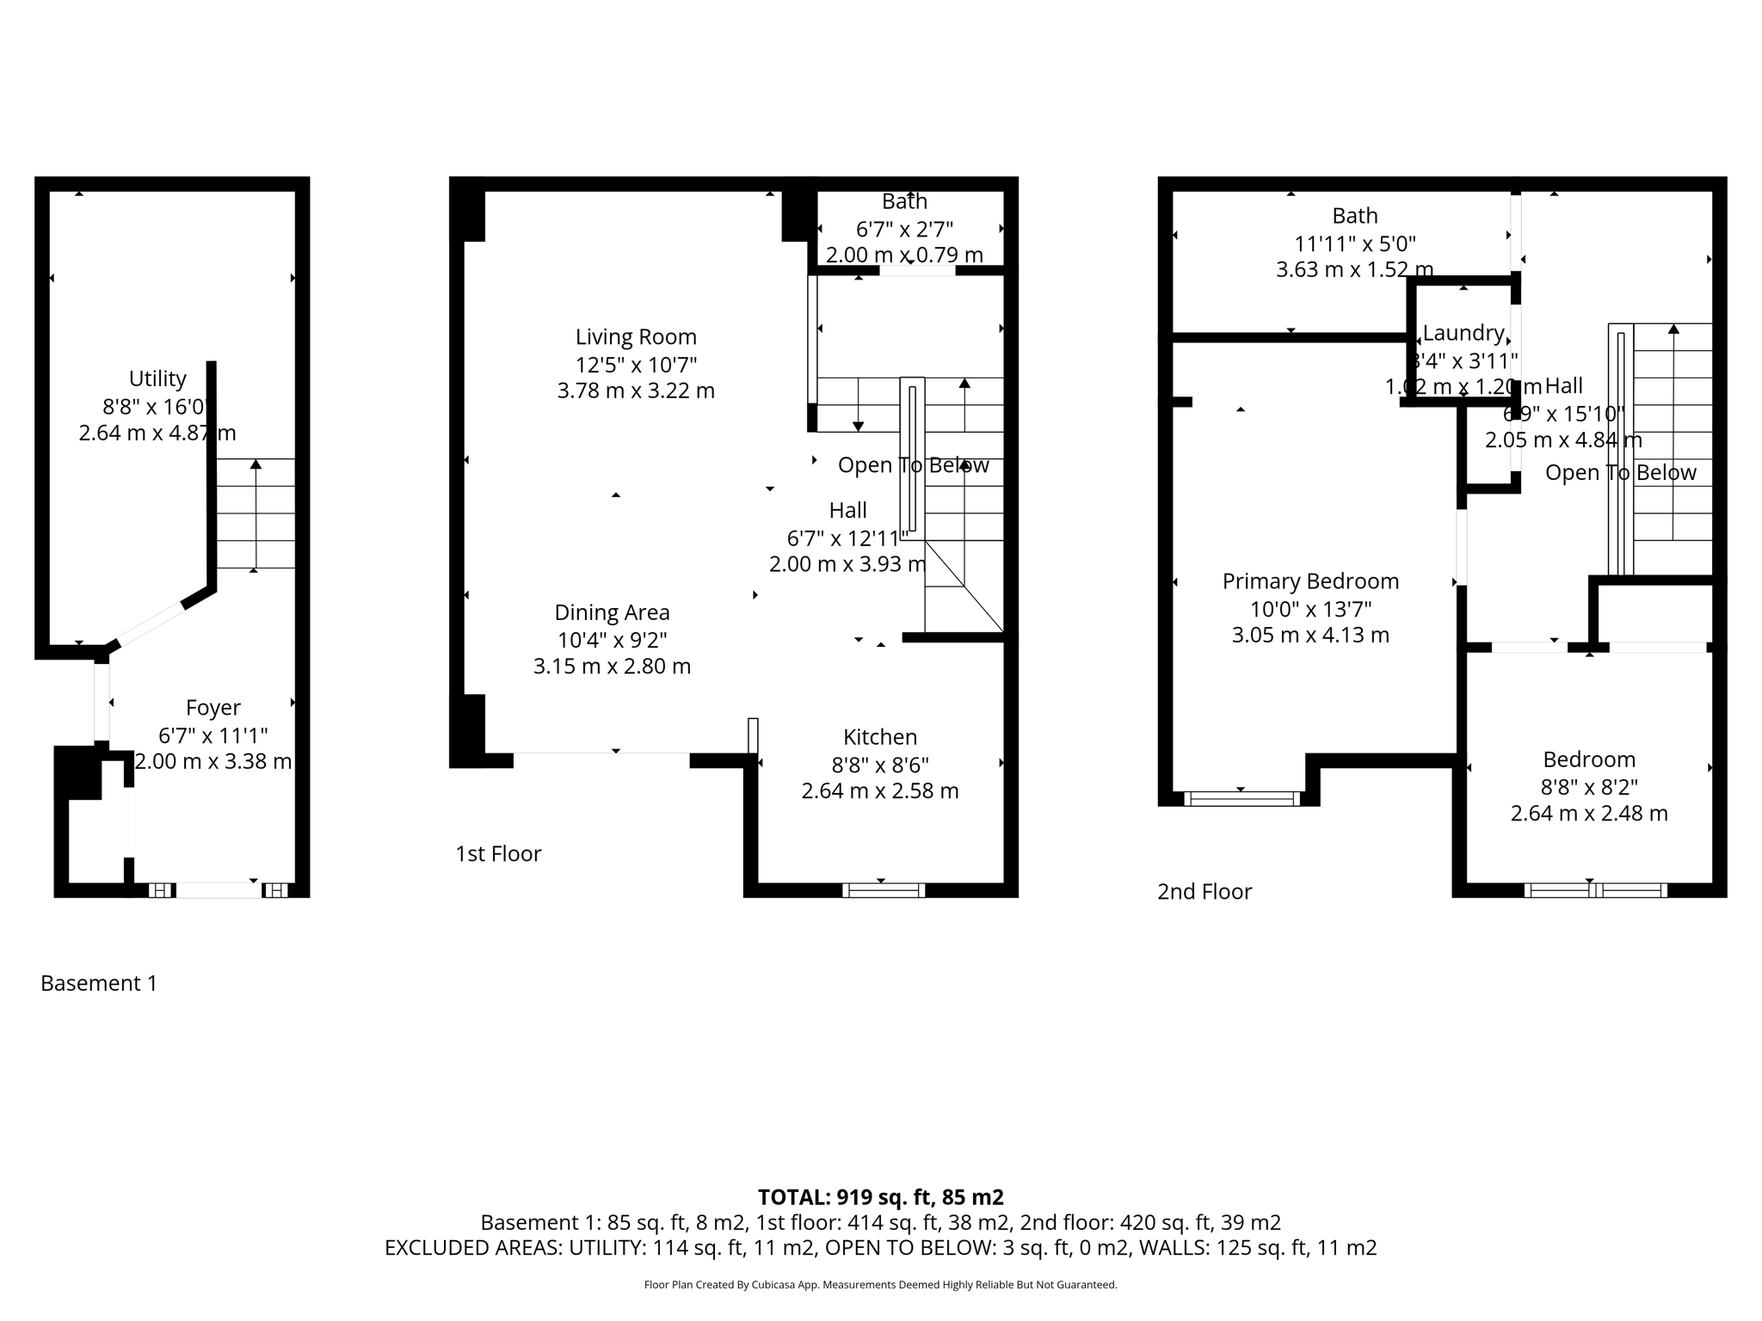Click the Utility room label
[157, 378]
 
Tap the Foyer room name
[213, 707]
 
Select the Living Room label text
[636, 336]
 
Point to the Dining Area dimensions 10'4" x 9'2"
[612, 639]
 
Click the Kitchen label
[879, 736]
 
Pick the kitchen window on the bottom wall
[884, 890]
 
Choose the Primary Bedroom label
[1310, 581]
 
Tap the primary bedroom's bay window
[1241, 798]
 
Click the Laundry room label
[1463, 333]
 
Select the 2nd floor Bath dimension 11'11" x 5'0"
[1354, 243]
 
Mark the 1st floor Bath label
[904, 201]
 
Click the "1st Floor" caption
[498, 853]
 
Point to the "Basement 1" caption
[99, 983]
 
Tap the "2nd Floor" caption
[1204, 891]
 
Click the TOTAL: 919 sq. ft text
[880, 1196]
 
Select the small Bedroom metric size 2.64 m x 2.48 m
[1588, 813]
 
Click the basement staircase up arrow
[256, 465]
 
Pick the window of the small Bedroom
[1595, 890]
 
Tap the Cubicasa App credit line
[880, 1285]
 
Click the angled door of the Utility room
[150, 625]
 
